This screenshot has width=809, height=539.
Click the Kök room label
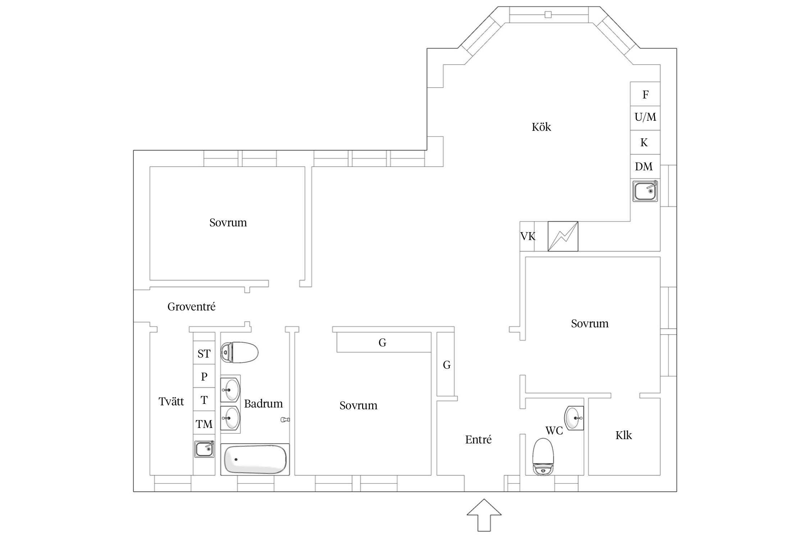pos(541,127)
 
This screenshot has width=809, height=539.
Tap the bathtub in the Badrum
pos(255,459)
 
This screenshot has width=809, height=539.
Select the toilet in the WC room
pos(543,457)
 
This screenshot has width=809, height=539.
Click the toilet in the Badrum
pos(239,353)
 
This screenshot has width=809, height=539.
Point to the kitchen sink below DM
pos(645,191)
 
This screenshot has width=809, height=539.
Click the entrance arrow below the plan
pos(484,515)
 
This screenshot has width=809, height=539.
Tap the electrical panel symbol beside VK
pos(563,236)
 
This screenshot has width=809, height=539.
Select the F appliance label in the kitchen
pos(645,95)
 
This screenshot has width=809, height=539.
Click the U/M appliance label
pos(645,117)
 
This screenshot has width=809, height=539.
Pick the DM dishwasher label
pos(644,166)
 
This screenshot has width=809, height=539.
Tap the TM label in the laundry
pos(204,424)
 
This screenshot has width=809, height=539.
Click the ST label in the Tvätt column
pos(204,354)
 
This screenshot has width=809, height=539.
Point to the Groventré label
pos(191,307)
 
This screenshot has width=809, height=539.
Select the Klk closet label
pos(623,435)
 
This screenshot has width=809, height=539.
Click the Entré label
pos(478,439)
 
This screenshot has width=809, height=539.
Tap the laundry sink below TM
pos(204,449)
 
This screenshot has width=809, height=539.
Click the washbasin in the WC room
pos(574,418)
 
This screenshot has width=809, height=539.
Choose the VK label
pos(528,236)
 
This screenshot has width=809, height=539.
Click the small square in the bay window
pos(548,14)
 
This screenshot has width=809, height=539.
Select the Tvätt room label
pos(171,401)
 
